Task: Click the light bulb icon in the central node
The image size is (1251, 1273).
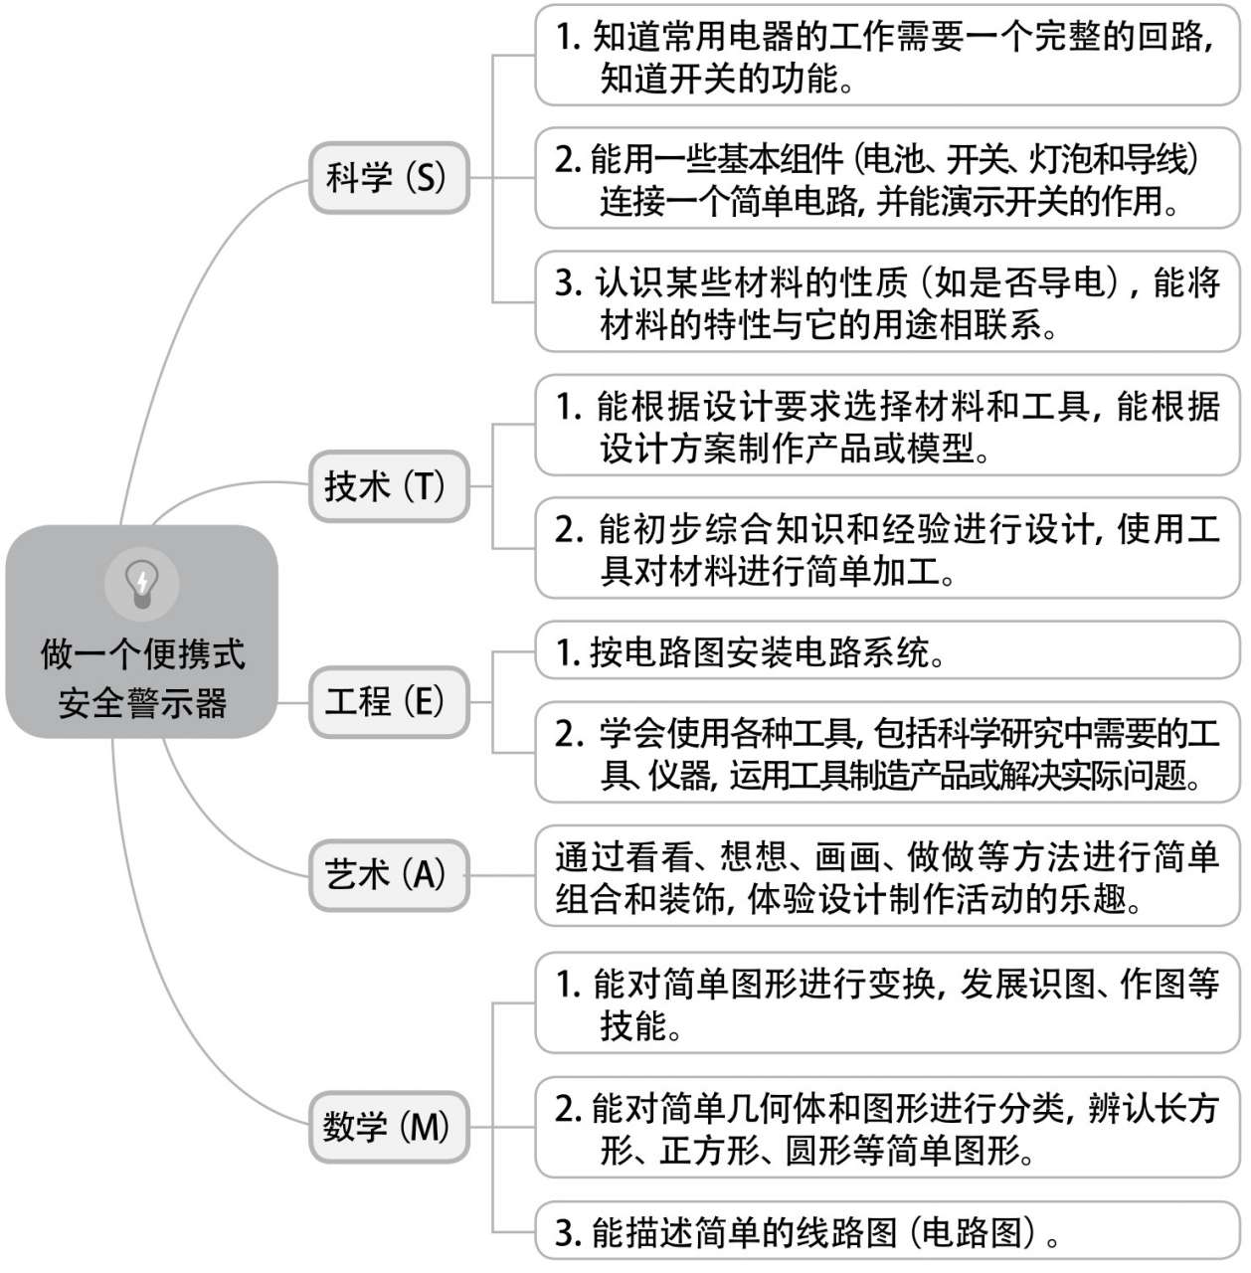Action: click(x=141, y=585)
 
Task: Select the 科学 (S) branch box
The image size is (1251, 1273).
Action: click(x=389, y=178)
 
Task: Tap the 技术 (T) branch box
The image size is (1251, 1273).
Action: click(x=389, y=486)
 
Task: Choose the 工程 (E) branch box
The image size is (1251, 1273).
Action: click(x=389, y=702)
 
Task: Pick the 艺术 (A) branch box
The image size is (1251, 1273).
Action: click(x=389, y=875)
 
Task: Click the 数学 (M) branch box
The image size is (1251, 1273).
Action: click(x=389, y=1127)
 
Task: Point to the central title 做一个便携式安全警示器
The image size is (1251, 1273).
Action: click(x=142, y=678)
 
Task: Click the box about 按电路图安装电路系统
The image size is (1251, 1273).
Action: click(x=887, y=650)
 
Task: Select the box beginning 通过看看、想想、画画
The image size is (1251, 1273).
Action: click(x=887, y=876)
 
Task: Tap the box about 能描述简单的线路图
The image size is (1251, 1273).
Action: click(x=887, y=1230)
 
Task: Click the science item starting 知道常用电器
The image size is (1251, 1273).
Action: click(x=887, y=55)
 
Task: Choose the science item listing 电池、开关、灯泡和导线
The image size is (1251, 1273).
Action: click(x=887, y=178)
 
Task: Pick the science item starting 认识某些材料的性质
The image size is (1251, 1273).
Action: click(x=887, y=301)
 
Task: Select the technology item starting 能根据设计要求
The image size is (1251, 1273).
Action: click(x=887, y=425)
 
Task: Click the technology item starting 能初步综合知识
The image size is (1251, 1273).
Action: click(x=887, y=548)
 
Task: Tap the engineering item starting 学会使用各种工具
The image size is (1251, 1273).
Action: click(x=887, y=753)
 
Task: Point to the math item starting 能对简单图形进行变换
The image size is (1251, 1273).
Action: click(x=887, y=1002)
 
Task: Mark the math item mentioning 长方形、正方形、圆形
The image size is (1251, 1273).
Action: click(x=887, y=1127)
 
